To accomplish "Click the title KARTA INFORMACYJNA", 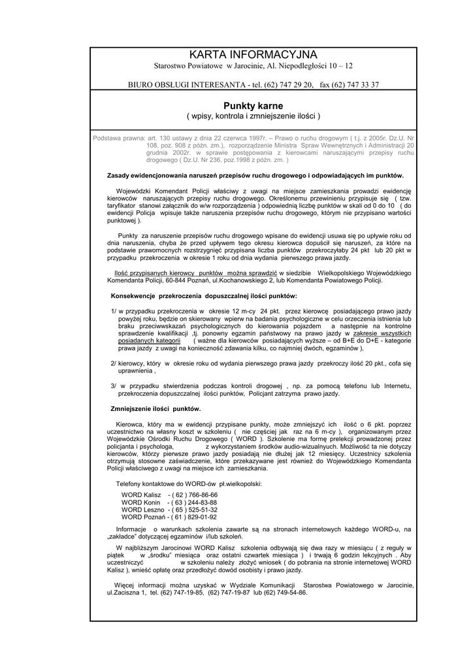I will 253,54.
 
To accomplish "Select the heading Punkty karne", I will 253,105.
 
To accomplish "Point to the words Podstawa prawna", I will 119,138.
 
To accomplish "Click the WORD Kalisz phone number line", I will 169,495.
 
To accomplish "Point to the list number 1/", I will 114,310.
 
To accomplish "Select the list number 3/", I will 114,385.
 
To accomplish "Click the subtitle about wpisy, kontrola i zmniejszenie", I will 253,116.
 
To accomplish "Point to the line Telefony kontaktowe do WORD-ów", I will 189,483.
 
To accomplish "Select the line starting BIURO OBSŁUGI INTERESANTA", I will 253,84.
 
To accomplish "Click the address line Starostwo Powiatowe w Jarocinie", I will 253,67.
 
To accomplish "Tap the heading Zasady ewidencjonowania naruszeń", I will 255,175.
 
